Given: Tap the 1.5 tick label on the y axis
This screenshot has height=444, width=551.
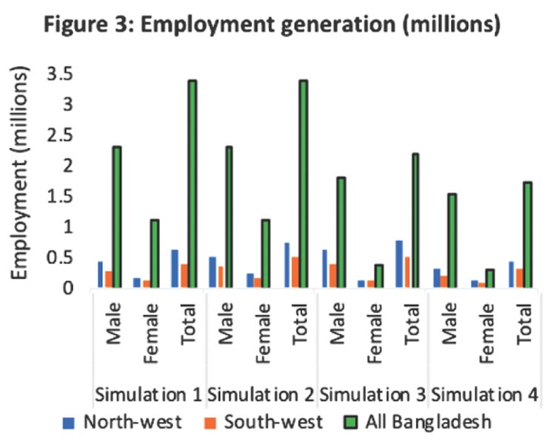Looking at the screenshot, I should click(63, 196).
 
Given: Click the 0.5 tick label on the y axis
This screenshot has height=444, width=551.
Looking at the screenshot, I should click(63, 258).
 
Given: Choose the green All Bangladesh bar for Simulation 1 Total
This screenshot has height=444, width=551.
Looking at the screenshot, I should click(191, 184).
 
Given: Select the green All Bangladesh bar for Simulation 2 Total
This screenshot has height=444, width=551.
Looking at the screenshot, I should click(302, 184).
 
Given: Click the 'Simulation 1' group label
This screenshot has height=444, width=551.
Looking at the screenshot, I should click(148, 393).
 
